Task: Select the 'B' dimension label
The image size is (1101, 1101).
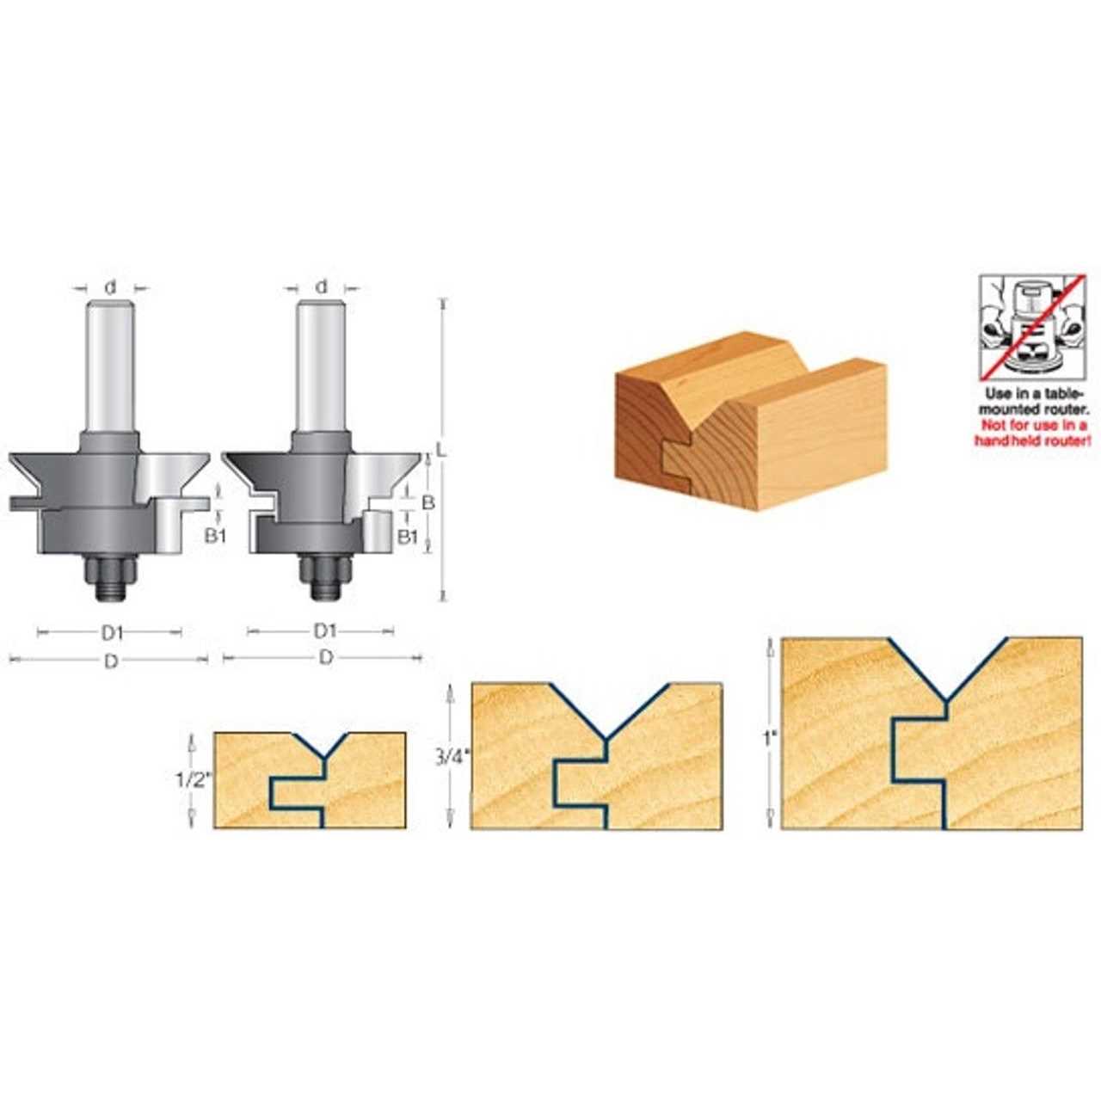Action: [428, 502]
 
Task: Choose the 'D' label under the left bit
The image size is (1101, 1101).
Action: [112, 661]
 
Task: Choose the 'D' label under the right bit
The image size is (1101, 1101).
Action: [325, 658]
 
